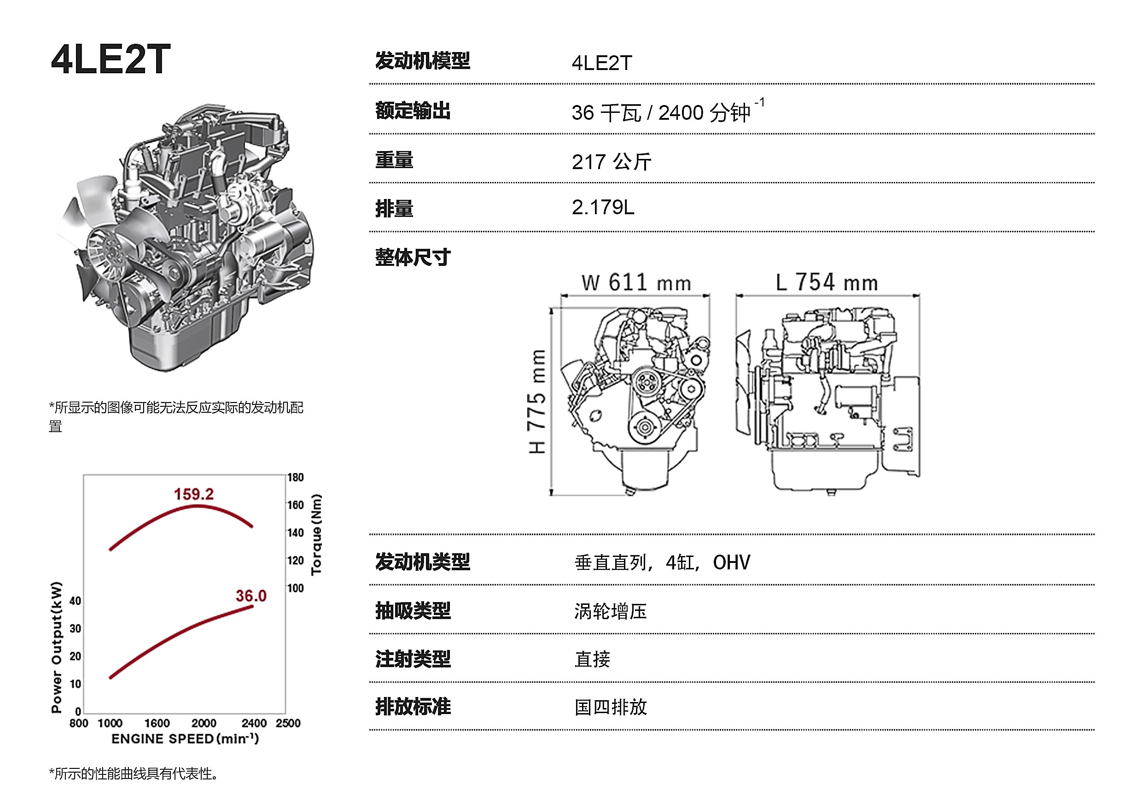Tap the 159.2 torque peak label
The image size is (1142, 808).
(193, 494)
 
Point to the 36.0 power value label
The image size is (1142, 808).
(251, 596)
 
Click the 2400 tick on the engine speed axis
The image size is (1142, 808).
(254, 723)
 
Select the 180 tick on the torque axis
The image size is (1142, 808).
(296, 478)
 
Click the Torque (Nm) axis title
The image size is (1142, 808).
(316, 535)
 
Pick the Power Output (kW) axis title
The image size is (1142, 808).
(57, 647)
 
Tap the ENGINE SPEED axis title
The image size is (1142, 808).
(185, 739)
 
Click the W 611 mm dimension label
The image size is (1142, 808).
(636, 282)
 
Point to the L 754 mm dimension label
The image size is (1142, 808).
(827, 282)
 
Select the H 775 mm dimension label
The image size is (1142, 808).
(537, 402)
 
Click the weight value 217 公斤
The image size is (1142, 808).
(611, 162)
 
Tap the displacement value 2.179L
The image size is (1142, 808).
(603, 207)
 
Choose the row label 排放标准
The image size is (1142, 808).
(413, 707)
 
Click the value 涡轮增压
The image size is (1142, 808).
(610, 611)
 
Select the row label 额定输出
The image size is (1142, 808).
(413, 111)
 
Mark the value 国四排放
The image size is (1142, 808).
(611, 707)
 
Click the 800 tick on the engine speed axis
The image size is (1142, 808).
(79, 723)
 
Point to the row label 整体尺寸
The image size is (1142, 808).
(413, 257)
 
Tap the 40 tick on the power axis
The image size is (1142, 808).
(75, 601)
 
